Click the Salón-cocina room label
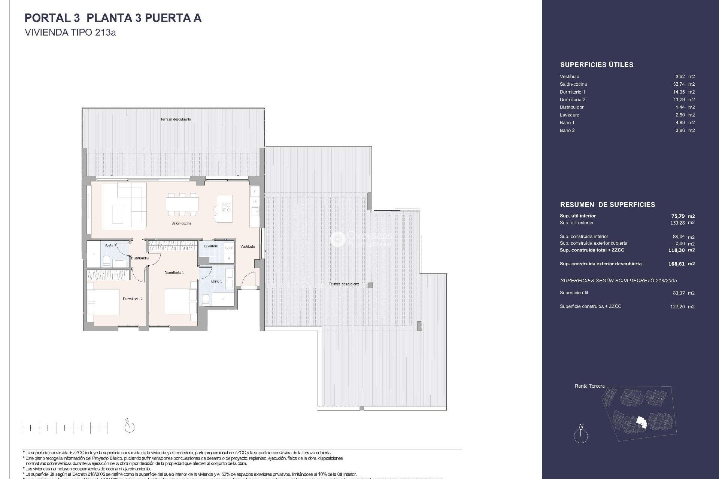181,223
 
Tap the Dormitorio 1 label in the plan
174,272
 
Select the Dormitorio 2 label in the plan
133,299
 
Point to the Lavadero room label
211,246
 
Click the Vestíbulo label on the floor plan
248,247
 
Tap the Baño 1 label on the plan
216,281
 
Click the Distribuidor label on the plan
140,258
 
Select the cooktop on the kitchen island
227,207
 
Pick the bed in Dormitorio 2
104,302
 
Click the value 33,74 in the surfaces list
679,84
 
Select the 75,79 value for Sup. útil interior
678,216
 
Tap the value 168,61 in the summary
676,264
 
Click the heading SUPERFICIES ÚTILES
597,65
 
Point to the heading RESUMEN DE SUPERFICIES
607,205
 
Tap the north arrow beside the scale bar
129,426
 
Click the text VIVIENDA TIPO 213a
70,33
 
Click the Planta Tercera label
589,386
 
